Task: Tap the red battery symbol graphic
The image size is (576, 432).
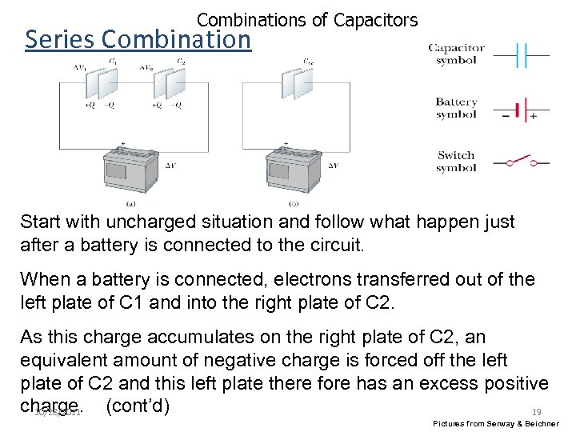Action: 521,109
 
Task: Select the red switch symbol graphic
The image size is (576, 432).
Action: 521,162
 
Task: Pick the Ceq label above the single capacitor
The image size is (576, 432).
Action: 308,62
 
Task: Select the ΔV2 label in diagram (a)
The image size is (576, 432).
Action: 146,67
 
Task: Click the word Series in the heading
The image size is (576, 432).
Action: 61,38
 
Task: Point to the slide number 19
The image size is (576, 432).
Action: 537,411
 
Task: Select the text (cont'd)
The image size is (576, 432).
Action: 137,406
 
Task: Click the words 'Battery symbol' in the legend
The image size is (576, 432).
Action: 456,108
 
